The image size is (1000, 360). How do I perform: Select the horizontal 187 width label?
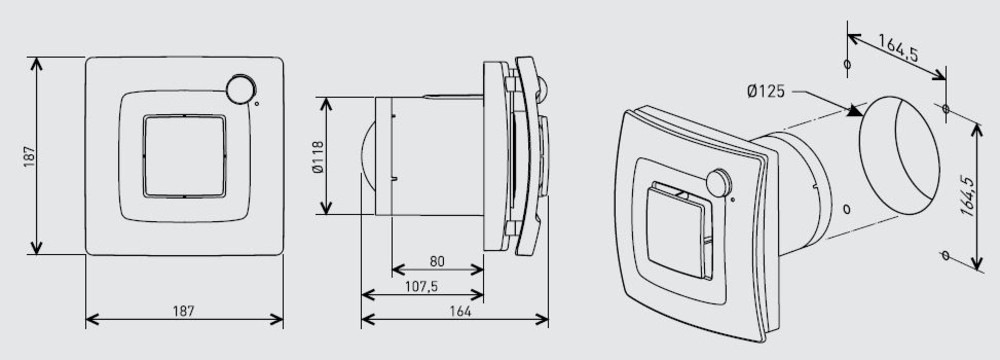coord(184,311)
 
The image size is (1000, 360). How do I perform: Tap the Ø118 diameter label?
coord(319,156)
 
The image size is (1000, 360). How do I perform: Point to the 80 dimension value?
coord(437,261)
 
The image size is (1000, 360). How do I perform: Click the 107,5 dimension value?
coord(422,287)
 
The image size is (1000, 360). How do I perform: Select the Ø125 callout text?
coord(766,92)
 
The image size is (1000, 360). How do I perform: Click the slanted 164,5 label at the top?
coord(898,47)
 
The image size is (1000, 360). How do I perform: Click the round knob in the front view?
coord(241,89)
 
